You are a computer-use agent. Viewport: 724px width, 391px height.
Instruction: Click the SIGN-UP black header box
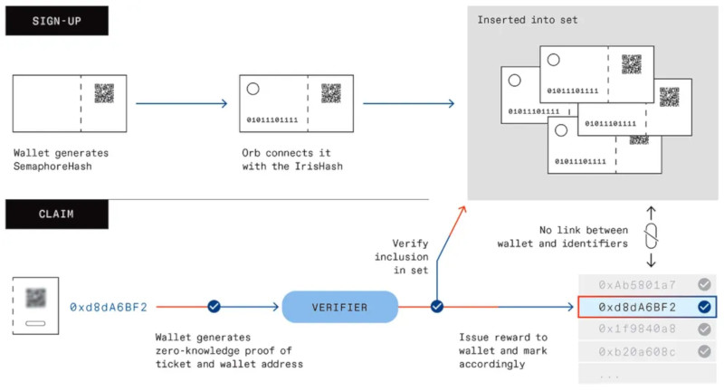(57, 21)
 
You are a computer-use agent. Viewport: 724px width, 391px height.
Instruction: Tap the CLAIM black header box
(57, 215)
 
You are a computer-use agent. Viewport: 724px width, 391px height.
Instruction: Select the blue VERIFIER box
(340, 307)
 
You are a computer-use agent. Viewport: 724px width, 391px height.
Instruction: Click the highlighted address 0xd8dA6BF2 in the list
(637, 307)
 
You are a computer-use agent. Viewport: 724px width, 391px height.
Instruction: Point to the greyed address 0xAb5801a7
(637, 285)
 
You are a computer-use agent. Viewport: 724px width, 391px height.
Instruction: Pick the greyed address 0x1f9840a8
(637, 329)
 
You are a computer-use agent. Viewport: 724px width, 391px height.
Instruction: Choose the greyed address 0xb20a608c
(637, 352)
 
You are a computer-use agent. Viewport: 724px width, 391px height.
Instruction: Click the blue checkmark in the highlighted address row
(704, 307)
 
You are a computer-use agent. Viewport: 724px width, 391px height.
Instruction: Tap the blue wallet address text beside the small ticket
(109, 307)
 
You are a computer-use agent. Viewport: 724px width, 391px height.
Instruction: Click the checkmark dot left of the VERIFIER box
(214, 307)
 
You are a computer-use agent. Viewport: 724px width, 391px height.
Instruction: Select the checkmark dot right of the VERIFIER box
(437, 307)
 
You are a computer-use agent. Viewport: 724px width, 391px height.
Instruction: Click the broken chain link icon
(651, 236)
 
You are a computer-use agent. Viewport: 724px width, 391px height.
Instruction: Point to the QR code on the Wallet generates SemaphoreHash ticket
(104, 93)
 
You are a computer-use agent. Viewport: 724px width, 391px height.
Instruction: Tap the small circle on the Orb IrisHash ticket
(253, 89)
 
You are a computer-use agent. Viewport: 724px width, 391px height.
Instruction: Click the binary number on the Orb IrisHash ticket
(272, 120)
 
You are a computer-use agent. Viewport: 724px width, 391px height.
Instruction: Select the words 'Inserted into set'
(528, 20)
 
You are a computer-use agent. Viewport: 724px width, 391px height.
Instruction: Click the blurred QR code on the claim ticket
(35, 298)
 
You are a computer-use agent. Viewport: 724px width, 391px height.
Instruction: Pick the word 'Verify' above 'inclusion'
(410, 243)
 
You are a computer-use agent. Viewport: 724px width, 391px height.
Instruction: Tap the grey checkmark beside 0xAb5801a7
(704, 284)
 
